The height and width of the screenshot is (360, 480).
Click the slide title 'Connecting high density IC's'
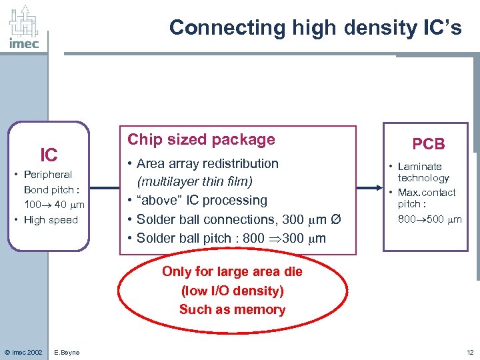(315, 27)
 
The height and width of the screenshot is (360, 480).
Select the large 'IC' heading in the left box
(49, 155)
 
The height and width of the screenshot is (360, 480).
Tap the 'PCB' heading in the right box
(428, 144)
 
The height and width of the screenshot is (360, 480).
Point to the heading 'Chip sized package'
(201, 139)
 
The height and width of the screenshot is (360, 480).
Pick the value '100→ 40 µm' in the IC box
(53, 205)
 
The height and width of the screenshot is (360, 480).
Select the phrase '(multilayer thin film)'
(194, 181)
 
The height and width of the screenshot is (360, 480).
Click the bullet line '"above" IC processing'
(201, 200)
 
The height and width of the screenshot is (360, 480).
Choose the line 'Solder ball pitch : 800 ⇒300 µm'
(231, 237)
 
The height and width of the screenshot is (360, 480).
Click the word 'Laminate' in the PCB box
(420, 166)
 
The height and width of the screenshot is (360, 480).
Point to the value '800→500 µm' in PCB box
(429, 219)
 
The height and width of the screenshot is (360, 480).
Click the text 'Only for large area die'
(232, 271)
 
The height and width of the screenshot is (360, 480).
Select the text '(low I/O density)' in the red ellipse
(232, 291)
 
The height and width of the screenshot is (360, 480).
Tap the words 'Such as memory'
(232, 309)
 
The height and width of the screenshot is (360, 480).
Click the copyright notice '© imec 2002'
(23, 352)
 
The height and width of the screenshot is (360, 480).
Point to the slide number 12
(469, 352)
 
